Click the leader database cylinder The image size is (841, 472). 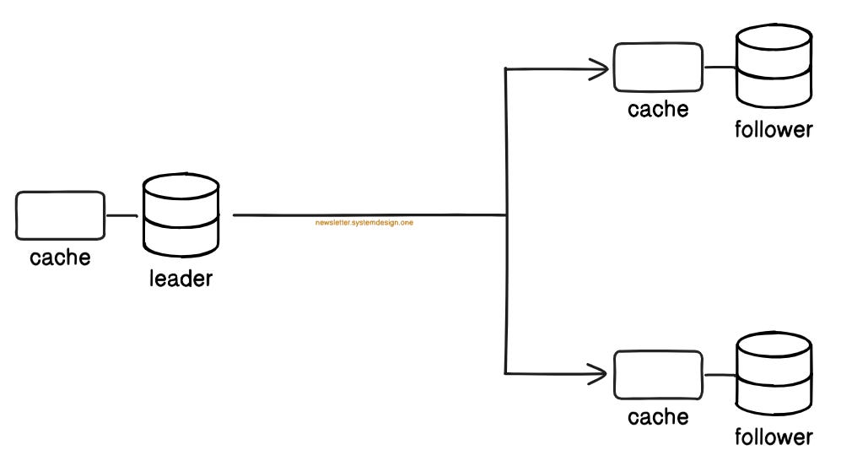point(181,217)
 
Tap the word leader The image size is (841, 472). point(181,279)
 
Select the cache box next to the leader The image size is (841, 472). point(60,215)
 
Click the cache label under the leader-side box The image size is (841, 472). point(60,257)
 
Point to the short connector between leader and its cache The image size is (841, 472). point(122,215)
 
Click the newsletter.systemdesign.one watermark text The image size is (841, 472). point(364,223)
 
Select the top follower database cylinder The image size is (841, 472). point(773,68)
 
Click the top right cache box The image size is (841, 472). point(658,67)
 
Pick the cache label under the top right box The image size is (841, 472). point(658,109)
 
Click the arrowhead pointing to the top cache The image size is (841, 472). point(601,68)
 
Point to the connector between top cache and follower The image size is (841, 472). point(720,67)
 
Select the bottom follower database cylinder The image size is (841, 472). point(773,375)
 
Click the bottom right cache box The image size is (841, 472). point(658,374)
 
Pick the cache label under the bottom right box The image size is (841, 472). point(658,416)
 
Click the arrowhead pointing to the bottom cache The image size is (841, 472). point(601,373)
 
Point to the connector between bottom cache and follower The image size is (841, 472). point(720,374)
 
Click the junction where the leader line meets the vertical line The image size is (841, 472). point(505,215)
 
